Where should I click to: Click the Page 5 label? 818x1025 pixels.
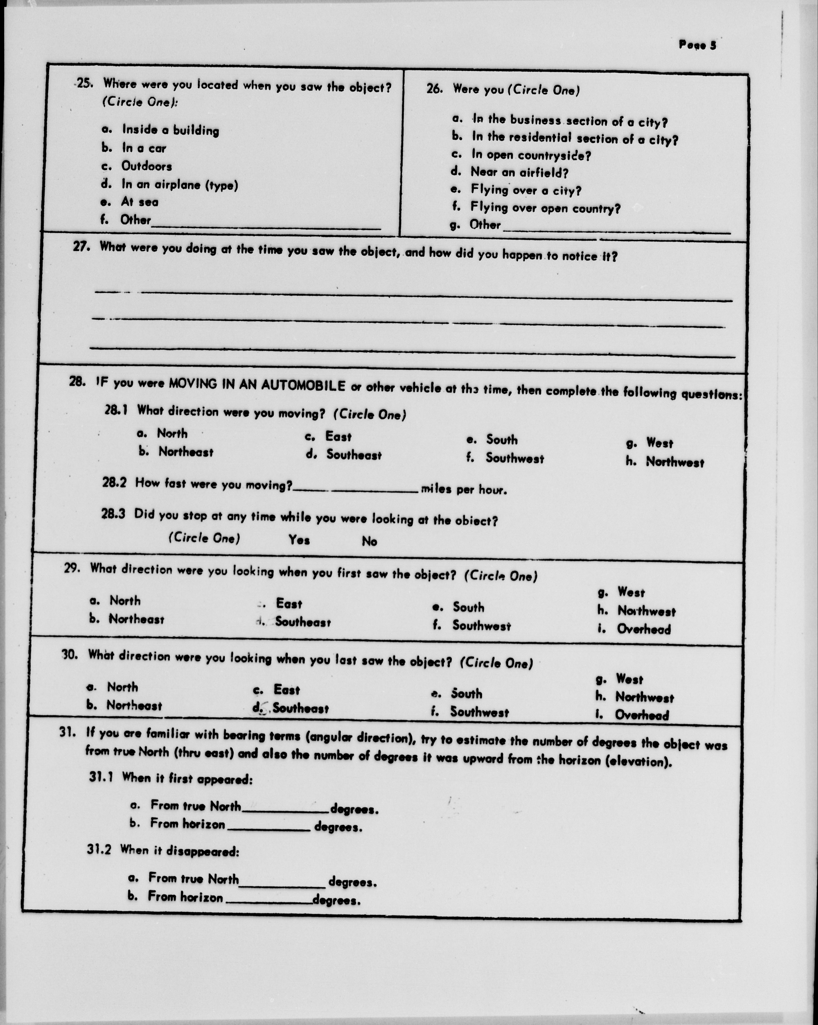pos(697,45)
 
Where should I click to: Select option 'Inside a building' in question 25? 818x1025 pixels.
pos(170,130)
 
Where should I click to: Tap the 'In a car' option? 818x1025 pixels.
pos(144,148)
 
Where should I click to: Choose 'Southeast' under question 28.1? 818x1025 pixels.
pos(353,455)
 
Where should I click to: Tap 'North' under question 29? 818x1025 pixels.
pos(125,601)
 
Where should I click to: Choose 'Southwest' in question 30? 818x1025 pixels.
pos(479,712)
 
